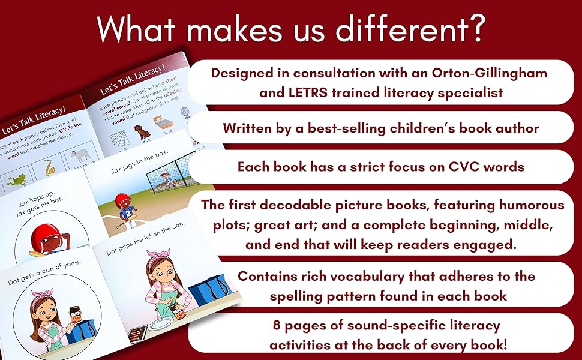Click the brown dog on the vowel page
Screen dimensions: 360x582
point(143,131)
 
